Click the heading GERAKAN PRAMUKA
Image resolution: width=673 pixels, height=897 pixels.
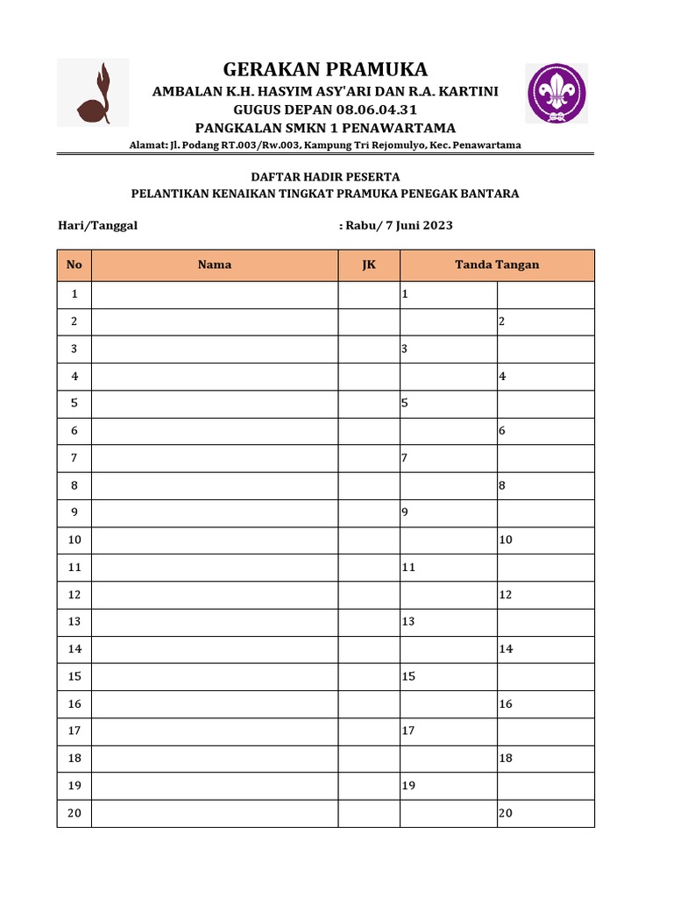(x=325, y=69)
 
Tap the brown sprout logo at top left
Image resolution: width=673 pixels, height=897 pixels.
(x=93, y=93)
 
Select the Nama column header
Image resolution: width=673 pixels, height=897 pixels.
(x=215, y=265)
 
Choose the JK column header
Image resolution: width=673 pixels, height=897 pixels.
(x=369, y=265)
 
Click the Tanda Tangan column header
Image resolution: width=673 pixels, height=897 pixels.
(x=497, y=265)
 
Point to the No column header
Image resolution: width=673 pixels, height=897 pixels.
(x=74, y=265)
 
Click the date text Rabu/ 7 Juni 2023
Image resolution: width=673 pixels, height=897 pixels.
(x=399, y=225)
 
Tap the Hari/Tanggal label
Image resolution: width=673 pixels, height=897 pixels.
(x=97, y=225)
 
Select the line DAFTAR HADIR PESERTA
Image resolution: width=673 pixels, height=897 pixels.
(x=325, y=177)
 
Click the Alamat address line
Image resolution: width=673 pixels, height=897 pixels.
(x=325, y=145)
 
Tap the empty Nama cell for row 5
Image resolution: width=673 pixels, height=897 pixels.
(x=215, y=404)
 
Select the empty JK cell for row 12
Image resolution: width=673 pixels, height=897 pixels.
(x=369, y=595)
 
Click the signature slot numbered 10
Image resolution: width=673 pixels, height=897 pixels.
(x=545, y=540)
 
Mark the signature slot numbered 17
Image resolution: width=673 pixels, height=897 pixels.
(x=449, y=731)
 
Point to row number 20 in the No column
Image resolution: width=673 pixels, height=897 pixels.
(x=74, y=813)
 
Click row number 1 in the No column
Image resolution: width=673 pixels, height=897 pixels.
(x=74, y=295)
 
